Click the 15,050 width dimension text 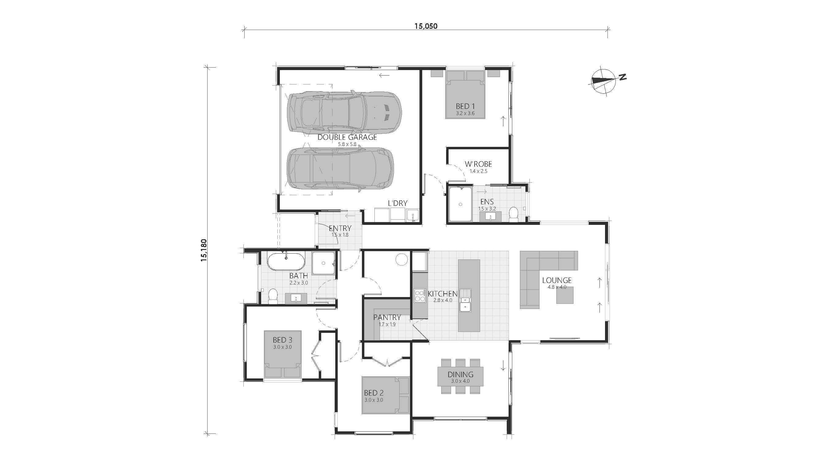[426, 26]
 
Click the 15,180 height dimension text [204, 250]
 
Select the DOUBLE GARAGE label [347, 137]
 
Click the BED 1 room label [465, 106]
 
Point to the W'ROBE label [478, 164]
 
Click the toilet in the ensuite [514, 214]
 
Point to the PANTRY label [387, 318]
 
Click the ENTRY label [340, 228]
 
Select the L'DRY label [397, 203]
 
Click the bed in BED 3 [283, 354]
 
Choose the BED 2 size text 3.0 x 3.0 [374, 400]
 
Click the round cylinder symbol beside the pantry [402, 259]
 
